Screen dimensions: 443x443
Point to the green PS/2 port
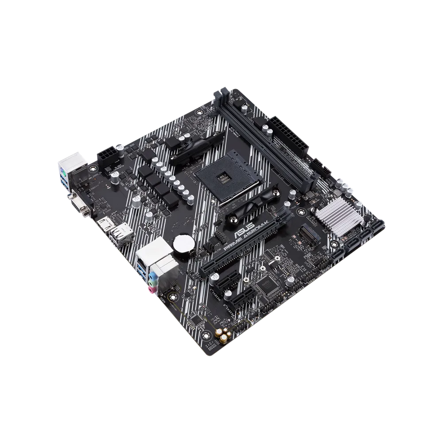[x=62, y=170]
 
